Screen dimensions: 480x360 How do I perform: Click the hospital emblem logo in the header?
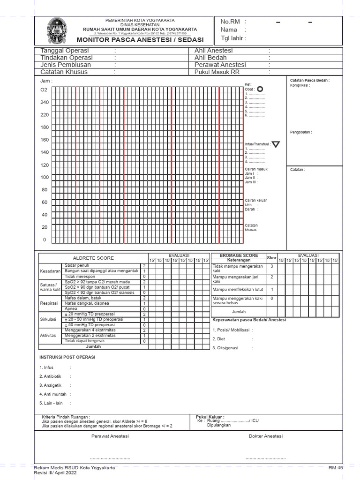57,30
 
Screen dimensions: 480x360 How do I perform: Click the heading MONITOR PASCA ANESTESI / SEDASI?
140,40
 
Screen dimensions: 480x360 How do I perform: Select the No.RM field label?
229,22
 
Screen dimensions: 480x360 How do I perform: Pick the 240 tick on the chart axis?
45,103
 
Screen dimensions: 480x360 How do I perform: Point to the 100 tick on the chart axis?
45,177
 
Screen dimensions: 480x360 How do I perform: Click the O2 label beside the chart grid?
44,90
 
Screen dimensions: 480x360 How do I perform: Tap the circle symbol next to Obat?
260,89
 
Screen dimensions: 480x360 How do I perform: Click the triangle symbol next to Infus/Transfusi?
276,144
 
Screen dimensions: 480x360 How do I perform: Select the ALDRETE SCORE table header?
93,258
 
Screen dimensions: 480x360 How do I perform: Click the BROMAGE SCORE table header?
239,255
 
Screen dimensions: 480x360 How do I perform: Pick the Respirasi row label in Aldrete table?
50,303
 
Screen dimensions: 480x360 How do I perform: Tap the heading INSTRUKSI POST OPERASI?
67,357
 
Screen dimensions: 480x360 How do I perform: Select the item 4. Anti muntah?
53,394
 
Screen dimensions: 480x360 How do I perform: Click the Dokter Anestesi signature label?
265,436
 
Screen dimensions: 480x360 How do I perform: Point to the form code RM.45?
336,468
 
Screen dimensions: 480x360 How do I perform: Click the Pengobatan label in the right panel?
300,132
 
